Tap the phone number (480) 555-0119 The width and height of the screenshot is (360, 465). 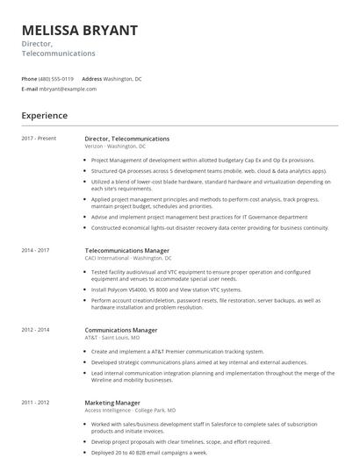coord(57,78)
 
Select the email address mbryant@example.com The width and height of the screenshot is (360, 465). coord(68,89)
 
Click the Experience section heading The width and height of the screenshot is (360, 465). coord(45,115)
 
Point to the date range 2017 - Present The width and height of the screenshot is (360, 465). coord(39,139)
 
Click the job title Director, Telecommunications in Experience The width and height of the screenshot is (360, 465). coord(127,139)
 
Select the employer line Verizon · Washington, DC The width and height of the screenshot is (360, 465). coord(116,147)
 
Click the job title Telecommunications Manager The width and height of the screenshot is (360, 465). coord(126,251)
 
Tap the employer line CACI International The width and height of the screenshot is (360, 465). coord(128,259)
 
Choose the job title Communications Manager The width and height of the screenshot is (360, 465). coord(121,330)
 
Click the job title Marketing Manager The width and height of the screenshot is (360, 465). coord(112,401)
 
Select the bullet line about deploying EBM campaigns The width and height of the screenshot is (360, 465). coord(149,452)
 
